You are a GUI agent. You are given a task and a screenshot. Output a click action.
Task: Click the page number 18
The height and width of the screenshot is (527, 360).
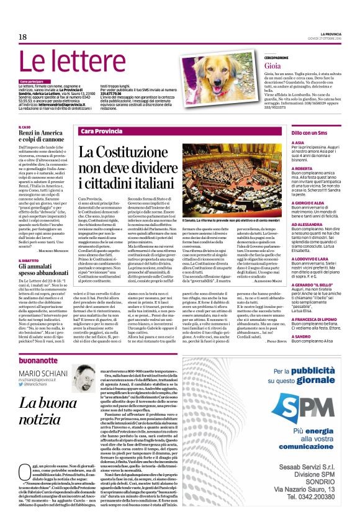(22, 37)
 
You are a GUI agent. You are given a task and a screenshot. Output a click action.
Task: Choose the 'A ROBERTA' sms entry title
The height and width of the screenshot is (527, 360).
(304, 168)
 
